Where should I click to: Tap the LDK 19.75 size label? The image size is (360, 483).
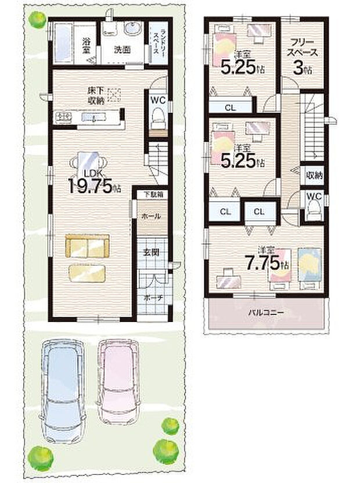93,183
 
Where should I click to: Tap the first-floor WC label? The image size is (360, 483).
157,99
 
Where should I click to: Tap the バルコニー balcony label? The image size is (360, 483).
266,312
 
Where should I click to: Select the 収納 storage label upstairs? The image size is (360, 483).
314,175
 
